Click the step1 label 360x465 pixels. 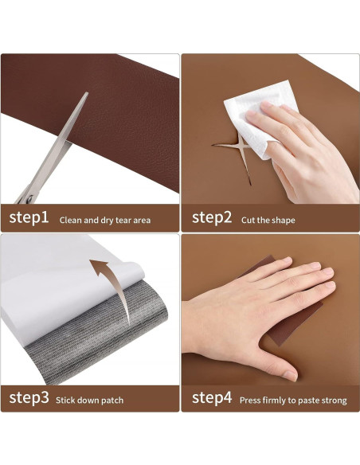[29, 217]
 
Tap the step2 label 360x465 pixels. [212, 217]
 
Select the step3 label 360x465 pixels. [29, 397]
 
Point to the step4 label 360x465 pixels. [212, 397]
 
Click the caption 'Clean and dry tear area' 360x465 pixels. [105, 220]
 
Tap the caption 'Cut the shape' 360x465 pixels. [268, 220]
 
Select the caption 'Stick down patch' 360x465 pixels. [89, 401]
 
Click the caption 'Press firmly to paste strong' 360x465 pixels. [293, 401]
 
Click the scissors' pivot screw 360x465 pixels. [29, 198]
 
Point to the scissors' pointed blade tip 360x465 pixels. [87, 93]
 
